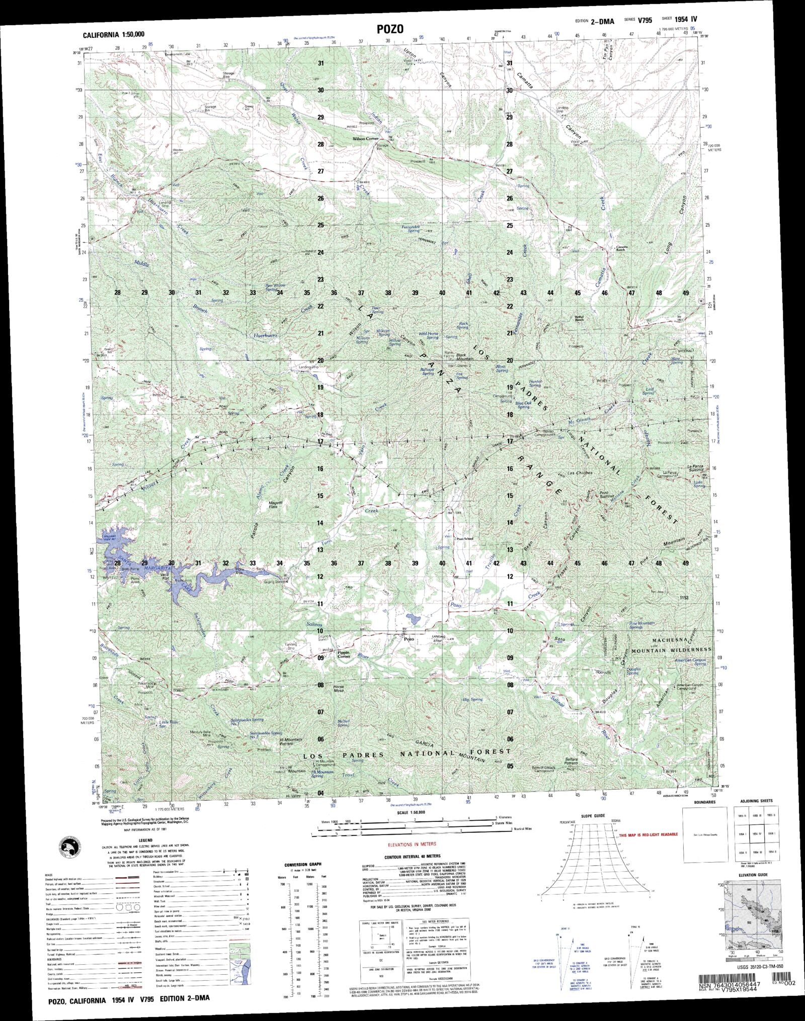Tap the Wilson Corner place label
point(365,138)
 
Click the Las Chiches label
point(580,473)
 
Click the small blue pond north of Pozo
point(414,617)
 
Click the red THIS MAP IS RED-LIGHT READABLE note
point(649,834)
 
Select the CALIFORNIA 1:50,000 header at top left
point(114,35)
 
